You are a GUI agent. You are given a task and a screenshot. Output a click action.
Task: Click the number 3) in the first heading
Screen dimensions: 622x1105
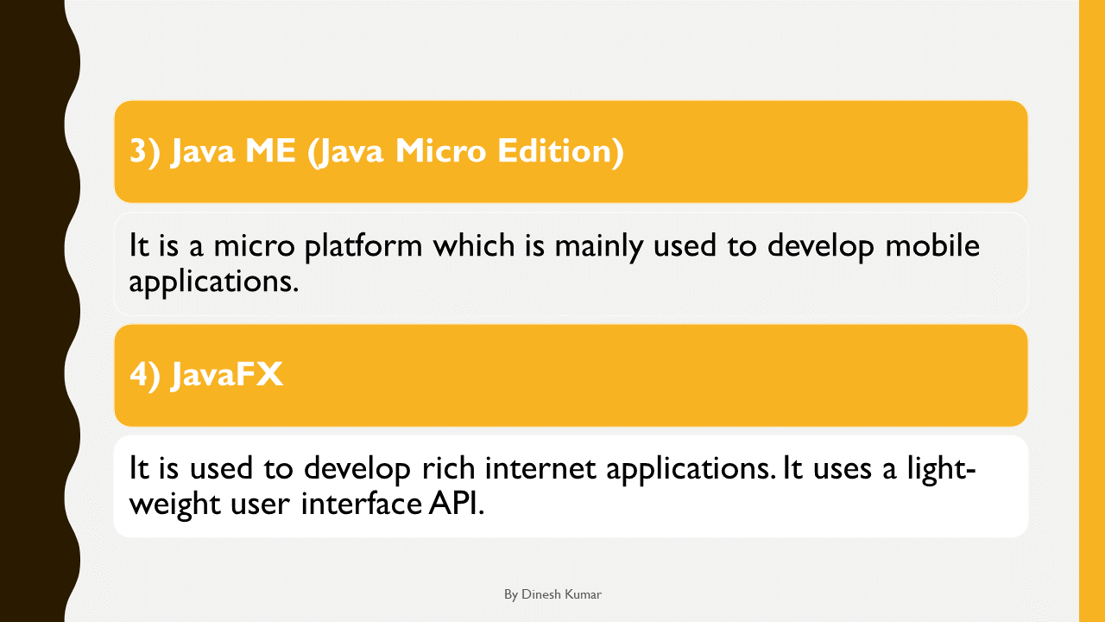(x=145, y=152)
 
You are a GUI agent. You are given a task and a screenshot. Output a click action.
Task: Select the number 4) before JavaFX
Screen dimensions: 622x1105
(x=145, y=376)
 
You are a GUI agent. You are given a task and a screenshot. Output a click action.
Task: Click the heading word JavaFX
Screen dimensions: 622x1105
(x=227, y=376)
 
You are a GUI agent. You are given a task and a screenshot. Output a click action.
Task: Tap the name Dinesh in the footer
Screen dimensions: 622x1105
(x=541, y=595)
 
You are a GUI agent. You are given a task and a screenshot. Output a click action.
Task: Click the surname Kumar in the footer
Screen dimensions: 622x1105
(x=583, y=595)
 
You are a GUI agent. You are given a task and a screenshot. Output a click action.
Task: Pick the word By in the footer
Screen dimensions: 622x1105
(x=511, y=595)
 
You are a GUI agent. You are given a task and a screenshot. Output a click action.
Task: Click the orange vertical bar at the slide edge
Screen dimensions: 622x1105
(x=1091, y=311)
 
